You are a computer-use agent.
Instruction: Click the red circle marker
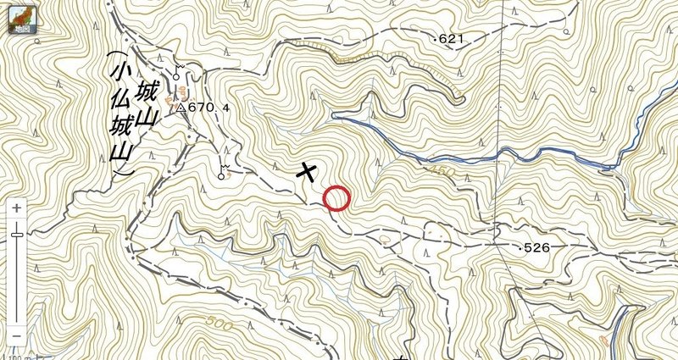[x=336, y=197]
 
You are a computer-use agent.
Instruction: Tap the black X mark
[x=307, y=171]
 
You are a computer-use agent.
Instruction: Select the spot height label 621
[x=454, y=39]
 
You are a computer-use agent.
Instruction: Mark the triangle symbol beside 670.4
[x=181, y=108]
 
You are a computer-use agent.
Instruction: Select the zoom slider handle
[x=17, y=234]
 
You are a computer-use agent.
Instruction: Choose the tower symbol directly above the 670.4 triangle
[x=177, y=71]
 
